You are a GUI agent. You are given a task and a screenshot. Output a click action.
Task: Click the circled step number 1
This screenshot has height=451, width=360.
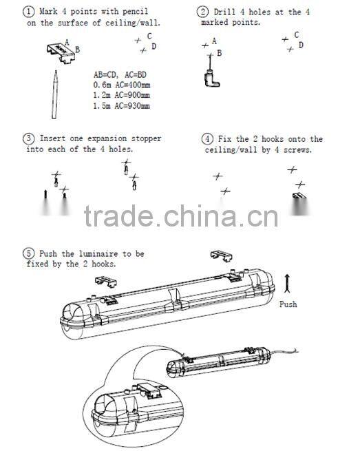click(x=28, y=12)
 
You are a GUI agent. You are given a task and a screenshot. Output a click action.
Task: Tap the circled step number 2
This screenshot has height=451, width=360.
click(x=203, y=12)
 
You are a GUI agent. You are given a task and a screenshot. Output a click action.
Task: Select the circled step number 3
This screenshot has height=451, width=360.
click(x=28, y=138)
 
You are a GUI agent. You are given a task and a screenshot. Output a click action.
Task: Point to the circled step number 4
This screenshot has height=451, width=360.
click(x=207, y=139)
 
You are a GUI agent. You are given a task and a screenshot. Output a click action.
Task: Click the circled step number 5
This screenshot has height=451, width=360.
click(x=28, y=253)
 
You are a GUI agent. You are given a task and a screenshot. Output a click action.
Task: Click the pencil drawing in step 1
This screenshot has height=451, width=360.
click(x=54, y=94)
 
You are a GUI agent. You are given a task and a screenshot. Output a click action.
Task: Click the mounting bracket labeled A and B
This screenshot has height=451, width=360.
click(x=61, y=52)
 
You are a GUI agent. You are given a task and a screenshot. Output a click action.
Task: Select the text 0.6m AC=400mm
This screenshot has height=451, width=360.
click(x=122, y=85)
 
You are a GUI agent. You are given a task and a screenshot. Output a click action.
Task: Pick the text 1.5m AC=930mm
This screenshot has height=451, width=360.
click(x=121, y=106)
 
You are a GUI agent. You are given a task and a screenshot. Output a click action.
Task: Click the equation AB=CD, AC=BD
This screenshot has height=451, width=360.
click(x=120, y=75)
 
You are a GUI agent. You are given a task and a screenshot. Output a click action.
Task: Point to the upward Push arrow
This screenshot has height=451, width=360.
click(x=287, y=284)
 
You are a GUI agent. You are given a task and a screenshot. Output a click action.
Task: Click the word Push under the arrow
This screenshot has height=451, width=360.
click(x=288, y=304)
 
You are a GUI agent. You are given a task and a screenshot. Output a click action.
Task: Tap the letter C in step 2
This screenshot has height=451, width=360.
click(x=297, y=35)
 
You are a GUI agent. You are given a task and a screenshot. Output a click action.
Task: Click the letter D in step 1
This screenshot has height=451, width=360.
click(x=153, y=46)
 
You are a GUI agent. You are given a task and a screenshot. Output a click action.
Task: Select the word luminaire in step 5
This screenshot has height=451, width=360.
click(x=98, y=254)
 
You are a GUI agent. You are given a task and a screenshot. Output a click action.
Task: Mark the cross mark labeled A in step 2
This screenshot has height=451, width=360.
click(x=205, y=45)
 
